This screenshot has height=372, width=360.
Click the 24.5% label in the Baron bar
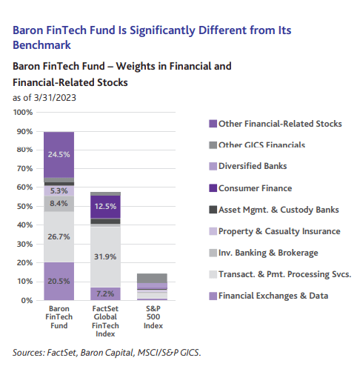[x=58, y=155]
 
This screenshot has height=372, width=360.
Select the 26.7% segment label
[x=58, y=236]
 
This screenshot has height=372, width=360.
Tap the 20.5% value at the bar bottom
[x=58, y=282]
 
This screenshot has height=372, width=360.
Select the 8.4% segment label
[x=58, y=203]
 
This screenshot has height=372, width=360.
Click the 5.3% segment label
[x=58, y=190]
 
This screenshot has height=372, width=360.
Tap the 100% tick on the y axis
[x=24, y=113]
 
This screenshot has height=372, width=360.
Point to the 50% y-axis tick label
[x=26, y=207]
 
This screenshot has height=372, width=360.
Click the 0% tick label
[x=28, y=301]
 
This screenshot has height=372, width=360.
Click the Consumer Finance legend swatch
[x=213, y=188]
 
